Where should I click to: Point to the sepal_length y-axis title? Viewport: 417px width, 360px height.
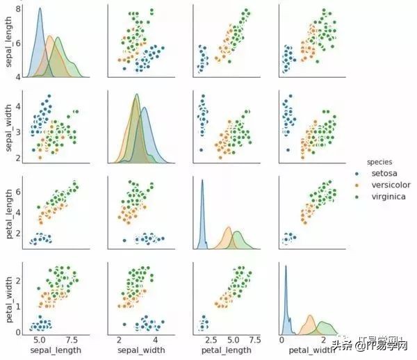(8, 42)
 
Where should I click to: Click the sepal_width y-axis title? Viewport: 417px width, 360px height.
(8, 127)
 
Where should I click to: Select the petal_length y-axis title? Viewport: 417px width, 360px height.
(8, 212)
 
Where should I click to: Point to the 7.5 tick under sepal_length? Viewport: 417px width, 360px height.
(73, 341)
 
